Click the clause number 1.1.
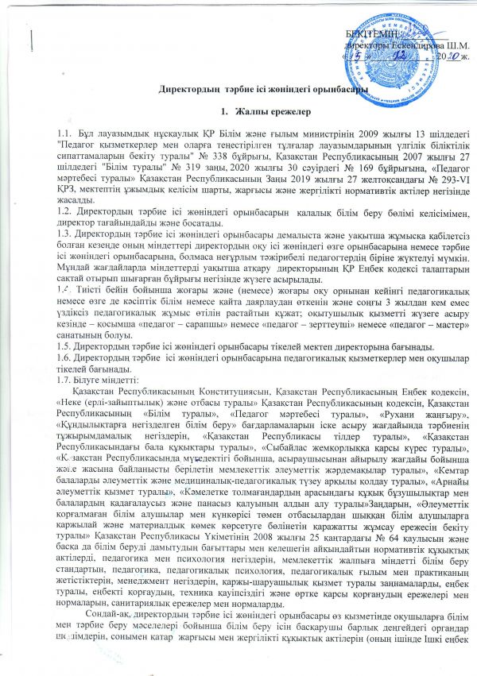56,138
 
